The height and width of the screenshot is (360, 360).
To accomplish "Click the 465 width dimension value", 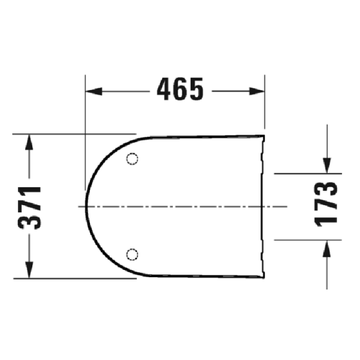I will [x=176, y=91].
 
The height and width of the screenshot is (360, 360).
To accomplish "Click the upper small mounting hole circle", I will [x=132, y=159].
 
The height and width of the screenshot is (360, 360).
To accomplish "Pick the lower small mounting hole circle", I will [x=132, y=253].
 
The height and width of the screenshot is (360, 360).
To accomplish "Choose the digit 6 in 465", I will [x=177, y=91].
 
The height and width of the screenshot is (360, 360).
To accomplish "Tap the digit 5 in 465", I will [x=195, y=91].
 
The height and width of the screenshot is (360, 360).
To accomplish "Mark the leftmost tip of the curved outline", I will [x=86, y=206].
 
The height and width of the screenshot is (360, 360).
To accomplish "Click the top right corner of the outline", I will [x=265, y=135].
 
